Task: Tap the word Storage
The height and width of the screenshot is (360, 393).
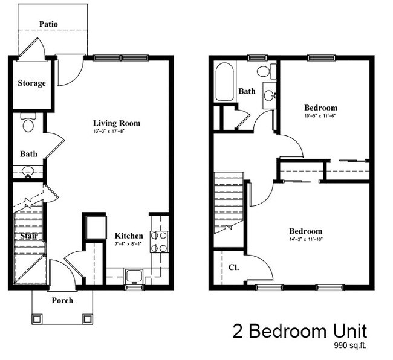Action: (31, 83)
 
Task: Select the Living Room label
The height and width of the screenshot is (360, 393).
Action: (116, 123)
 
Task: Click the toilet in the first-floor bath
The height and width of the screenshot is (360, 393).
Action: (28, 123)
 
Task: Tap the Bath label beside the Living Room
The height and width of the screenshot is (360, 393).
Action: (28, 154)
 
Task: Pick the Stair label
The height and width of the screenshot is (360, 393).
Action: (28, 236)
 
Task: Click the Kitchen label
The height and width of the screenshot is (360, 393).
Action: (129, 236)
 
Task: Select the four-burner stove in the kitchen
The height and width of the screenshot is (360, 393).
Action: (158, 242)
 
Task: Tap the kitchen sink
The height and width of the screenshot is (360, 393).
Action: (134, 276)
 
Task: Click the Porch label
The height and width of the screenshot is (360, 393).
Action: (62, 300)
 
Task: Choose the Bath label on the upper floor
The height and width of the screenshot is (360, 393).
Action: (246, 92)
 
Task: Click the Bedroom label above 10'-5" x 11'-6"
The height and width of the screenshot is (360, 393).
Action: (320, 108)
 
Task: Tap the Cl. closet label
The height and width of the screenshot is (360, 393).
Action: (233, 266)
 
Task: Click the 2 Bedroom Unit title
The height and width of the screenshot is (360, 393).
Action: (299, 331)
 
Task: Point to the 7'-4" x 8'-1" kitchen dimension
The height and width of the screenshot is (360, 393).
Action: (128, 243)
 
